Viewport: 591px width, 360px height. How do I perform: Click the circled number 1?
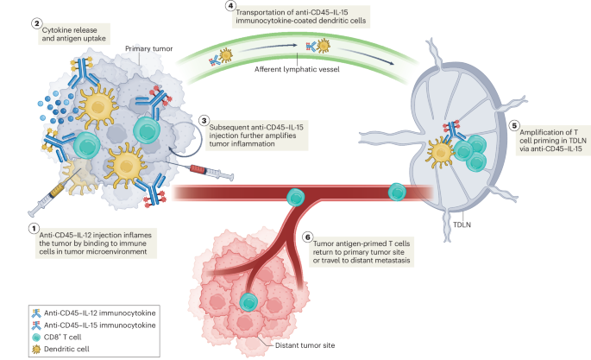[34, 229]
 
